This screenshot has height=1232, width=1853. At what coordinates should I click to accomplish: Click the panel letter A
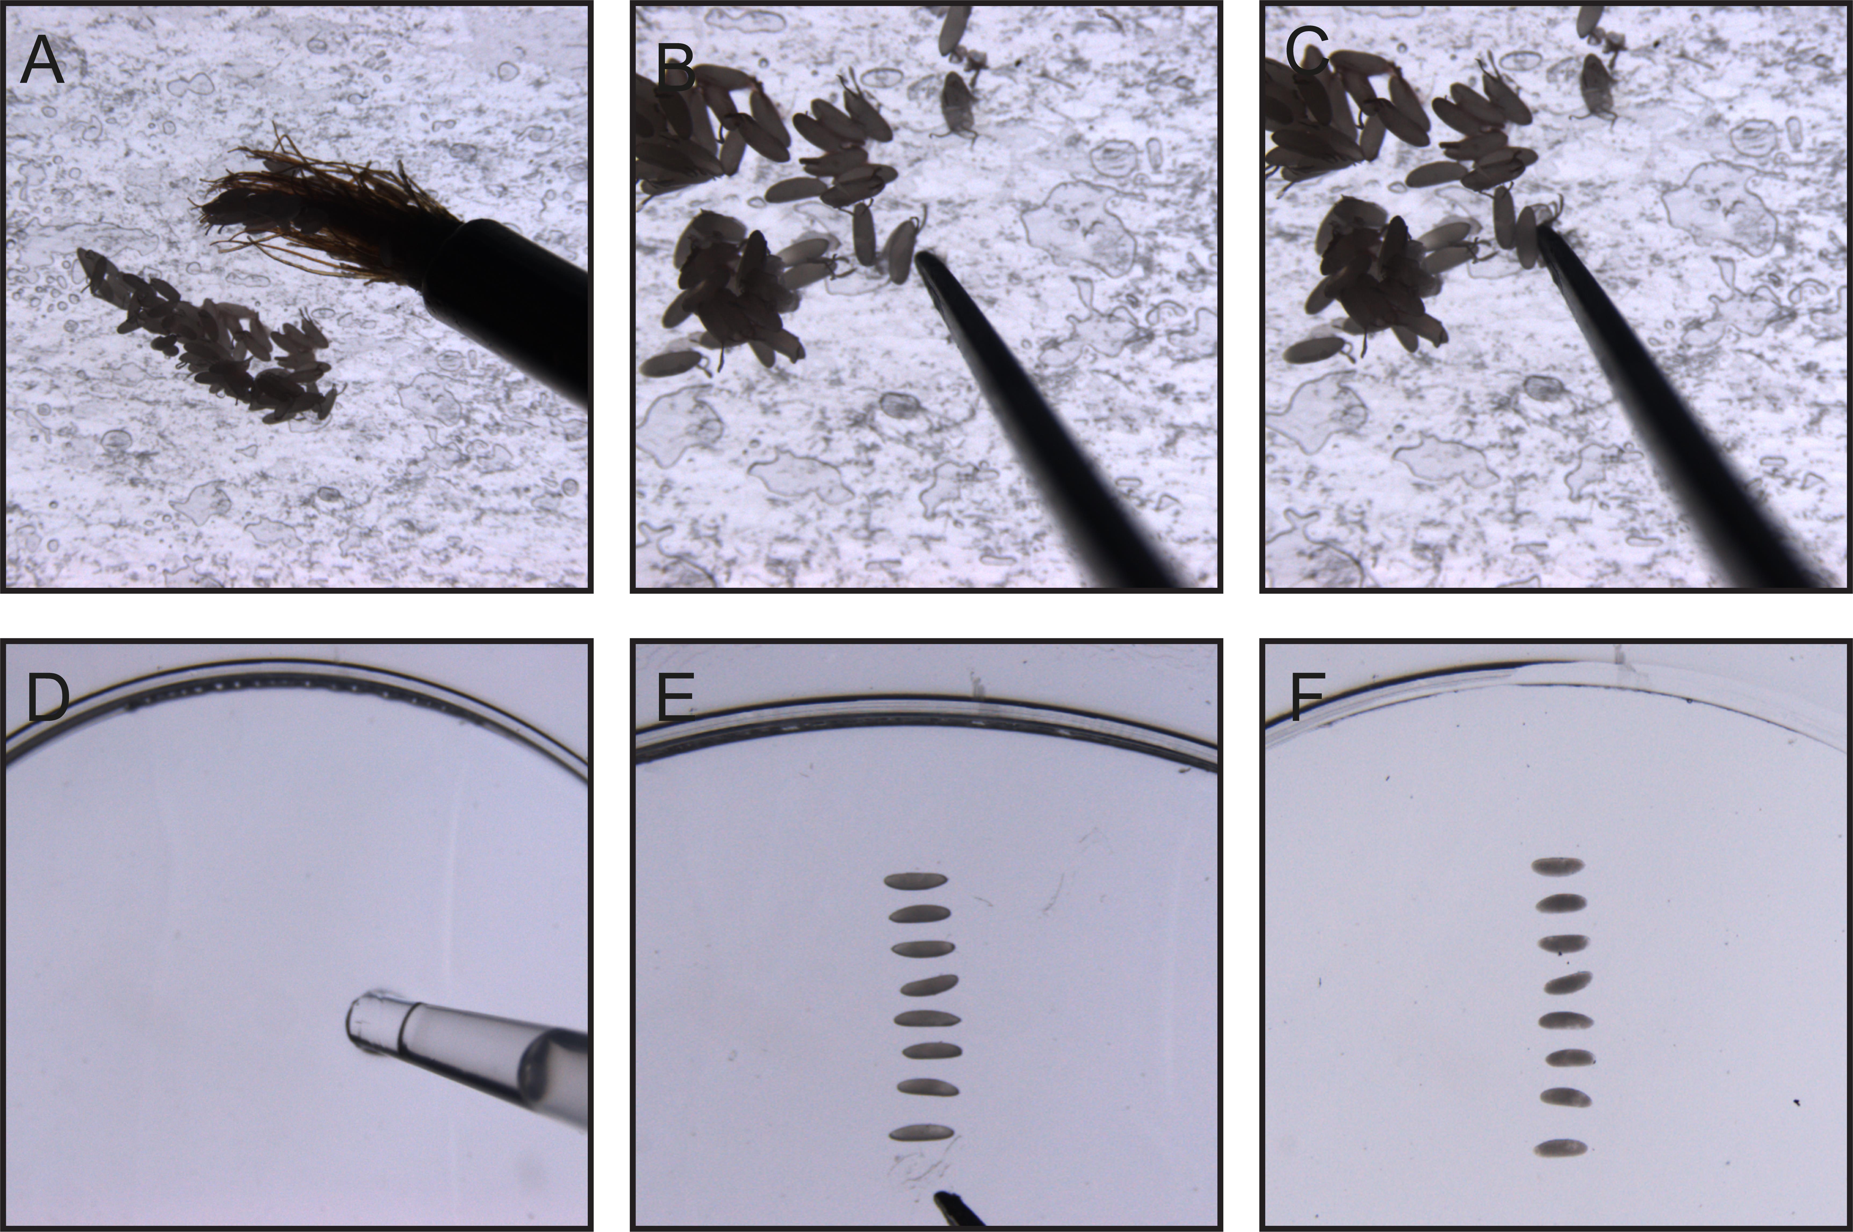coord(42,61)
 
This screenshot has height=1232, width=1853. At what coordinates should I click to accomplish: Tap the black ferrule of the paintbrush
coord(507,307)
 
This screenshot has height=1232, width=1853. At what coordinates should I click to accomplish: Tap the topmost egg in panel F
coord(1558,866)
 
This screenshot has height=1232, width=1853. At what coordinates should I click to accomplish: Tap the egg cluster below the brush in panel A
coord(212,338)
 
